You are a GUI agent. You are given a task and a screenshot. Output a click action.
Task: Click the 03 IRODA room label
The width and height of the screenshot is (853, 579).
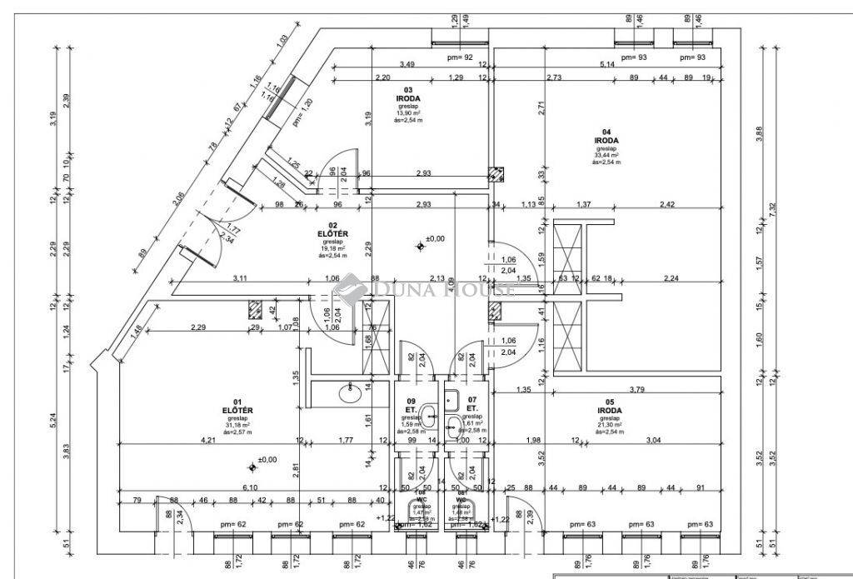click(x=408, y=93)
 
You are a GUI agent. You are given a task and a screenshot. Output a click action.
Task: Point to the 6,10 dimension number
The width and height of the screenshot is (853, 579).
click(x=249, y=487)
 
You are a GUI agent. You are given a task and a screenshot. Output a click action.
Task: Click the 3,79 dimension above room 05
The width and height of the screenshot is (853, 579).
click(x=638, y=389)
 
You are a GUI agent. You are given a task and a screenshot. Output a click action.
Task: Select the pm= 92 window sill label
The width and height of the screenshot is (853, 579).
click(x=460, y=57)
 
